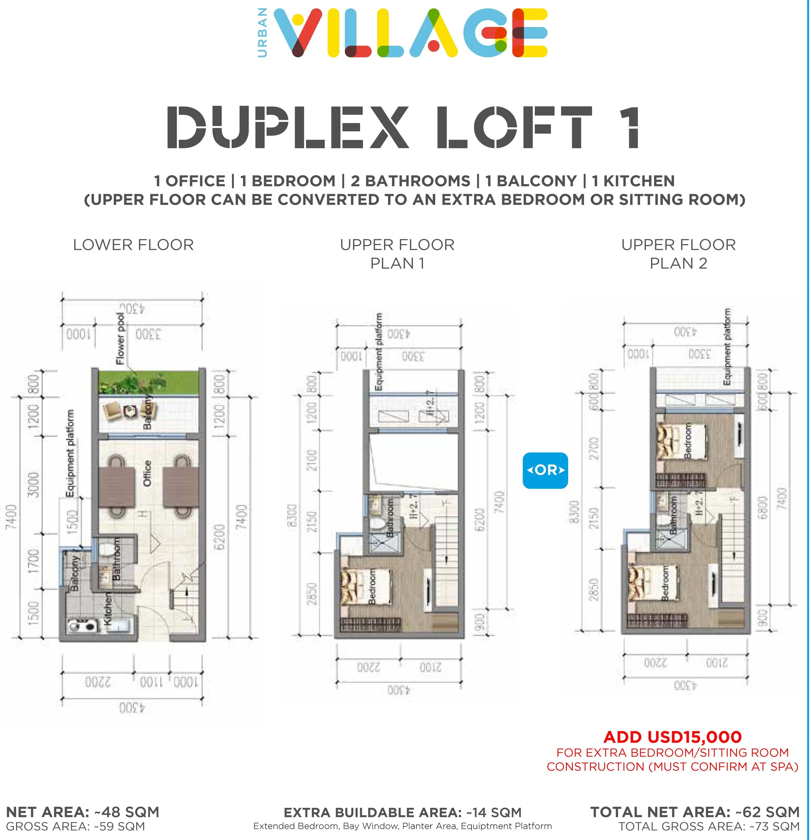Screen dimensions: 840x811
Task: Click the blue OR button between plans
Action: tap(545, 470)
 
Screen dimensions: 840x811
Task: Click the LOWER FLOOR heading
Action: tap(133, 245)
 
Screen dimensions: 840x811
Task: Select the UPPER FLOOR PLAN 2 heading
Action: tap(678, 254)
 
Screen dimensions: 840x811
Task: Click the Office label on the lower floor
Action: tap(147, 473)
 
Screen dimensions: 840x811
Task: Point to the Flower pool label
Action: tap(121, 339)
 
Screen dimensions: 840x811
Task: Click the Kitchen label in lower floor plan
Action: tap(109, 609)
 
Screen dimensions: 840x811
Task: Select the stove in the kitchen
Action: tap(81, 626)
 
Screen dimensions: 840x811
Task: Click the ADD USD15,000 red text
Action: tap(672, 737)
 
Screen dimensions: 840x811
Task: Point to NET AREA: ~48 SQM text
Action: tap(83, 812)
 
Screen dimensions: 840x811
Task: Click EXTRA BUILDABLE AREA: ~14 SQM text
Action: tap(402, 812)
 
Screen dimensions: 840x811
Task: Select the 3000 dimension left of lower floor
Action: tap(33, 484)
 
